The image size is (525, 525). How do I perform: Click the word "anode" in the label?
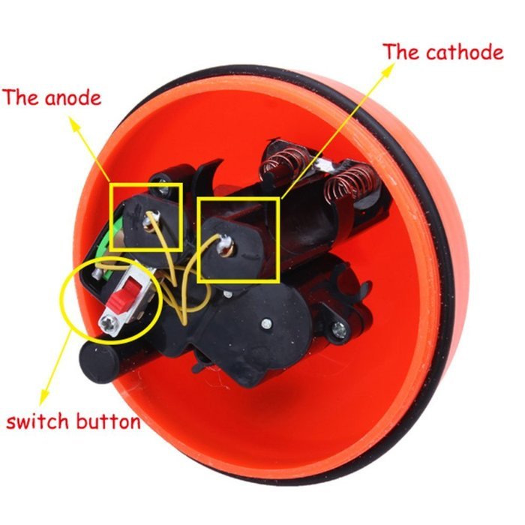73,98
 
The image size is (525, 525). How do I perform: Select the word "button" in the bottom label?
108,421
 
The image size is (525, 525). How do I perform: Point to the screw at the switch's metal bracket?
109,325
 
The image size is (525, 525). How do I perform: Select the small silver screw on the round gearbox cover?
266,323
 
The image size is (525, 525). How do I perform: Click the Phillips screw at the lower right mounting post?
340,328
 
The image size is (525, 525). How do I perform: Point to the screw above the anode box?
163,187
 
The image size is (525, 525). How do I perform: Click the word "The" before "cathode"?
401,52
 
